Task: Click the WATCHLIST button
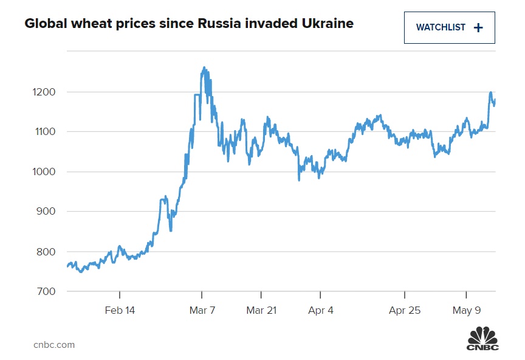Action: pos(449,27)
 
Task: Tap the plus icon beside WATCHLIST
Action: pos(478,27)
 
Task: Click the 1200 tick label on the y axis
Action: pos(44,92)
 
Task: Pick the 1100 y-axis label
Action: pos(44,132)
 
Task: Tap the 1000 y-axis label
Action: pos(44,172)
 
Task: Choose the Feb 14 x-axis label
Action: pos(120,310)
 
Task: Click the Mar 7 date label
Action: pos(202,310)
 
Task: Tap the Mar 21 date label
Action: pos(261,310)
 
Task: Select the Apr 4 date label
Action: pos(321,310)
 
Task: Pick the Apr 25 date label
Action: pos(405,310)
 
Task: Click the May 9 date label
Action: pos(467,310)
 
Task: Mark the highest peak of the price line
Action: pos(204,67)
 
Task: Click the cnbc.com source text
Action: pos(54,345)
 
